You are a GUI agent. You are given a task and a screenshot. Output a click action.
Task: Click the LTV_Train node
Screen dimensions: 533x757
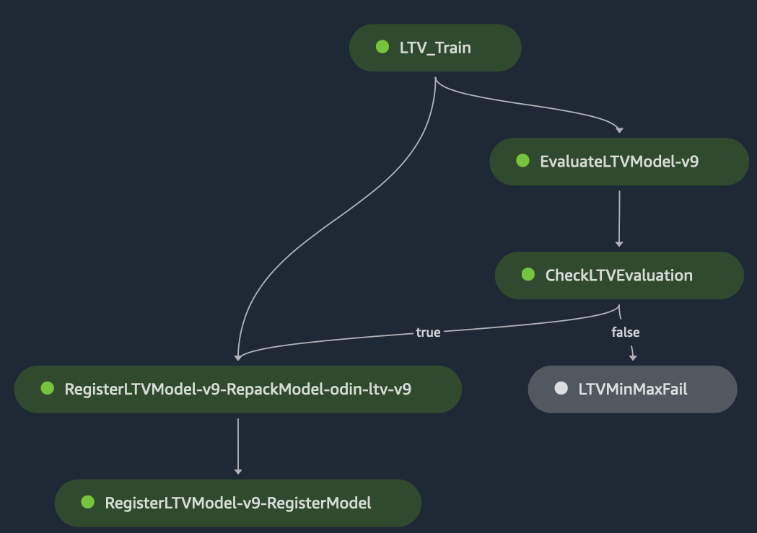click(x=434, y=48)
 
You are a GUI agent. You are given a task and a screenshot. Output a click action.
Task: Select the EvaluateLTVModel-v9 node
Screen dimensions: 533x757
click(x=618, y=162)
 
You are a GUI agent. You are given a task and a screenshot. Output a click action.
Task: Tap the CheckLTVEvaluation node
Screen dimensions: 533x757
click(x=618, y=275)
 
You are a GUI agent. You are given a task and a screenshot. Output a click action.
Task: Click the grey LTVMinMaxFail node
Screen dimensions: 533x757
click(x=632, y=389)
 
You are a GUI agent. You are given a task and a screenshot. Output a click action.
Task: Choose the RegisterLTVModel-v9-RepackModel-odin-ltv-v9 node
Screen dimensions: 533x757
click(x=237, y=389)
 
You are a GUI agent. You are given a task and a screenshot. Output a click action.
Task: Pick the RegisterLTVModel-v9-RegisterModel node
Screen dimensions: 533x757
click(x=237, y=503)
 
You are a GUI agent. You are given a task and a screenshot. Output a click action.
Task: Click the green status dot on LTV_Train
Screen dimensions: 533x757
click(x=382, y=47)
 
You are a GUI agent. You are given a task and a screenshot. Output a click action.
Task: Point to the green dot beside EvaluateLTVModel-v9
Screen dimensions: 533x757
click(x=523, y=161)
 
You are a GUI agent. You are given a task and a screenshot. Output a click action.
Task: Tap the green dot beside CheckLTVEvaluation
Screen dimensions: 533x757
click(x=528, y=275)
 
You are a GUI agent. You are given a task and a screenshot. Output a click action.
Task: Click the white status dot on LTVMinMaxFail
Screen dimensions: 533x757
click(x=561, y=389)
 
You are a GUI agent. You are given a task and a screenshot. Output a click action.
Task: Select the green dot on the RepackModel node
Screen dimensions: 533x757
click(x=48, y=389)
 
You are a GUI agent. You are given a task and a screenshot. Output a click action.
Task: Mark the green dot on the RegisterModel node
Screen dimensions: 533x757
click(x=88, y=503)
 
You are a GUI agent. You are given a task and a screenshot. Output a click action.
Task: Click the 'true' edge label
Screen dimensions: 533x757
click(x=428, y=332)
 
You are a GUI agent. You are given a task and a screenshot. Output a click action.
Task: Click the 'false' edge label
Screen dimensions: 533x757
click(x=626, y=332)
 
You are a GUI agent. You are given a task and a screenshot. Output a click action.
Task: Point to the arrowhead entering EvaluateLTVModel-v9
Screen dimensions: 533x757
click(x=618, y=131)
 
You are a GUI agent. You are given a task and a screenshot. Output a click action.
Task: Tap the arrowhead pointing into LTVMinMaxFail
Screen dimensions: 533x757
click(x=633, y=357)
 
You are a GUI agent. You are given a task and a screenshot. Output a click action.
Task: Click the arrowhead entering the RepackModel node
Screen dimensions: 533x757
click(x=237, y=357)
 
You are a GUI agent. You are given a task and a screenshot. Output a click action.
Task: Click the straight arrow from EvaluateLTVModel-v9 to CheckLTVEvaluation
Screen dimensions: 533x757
click(x=618, y=216)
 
